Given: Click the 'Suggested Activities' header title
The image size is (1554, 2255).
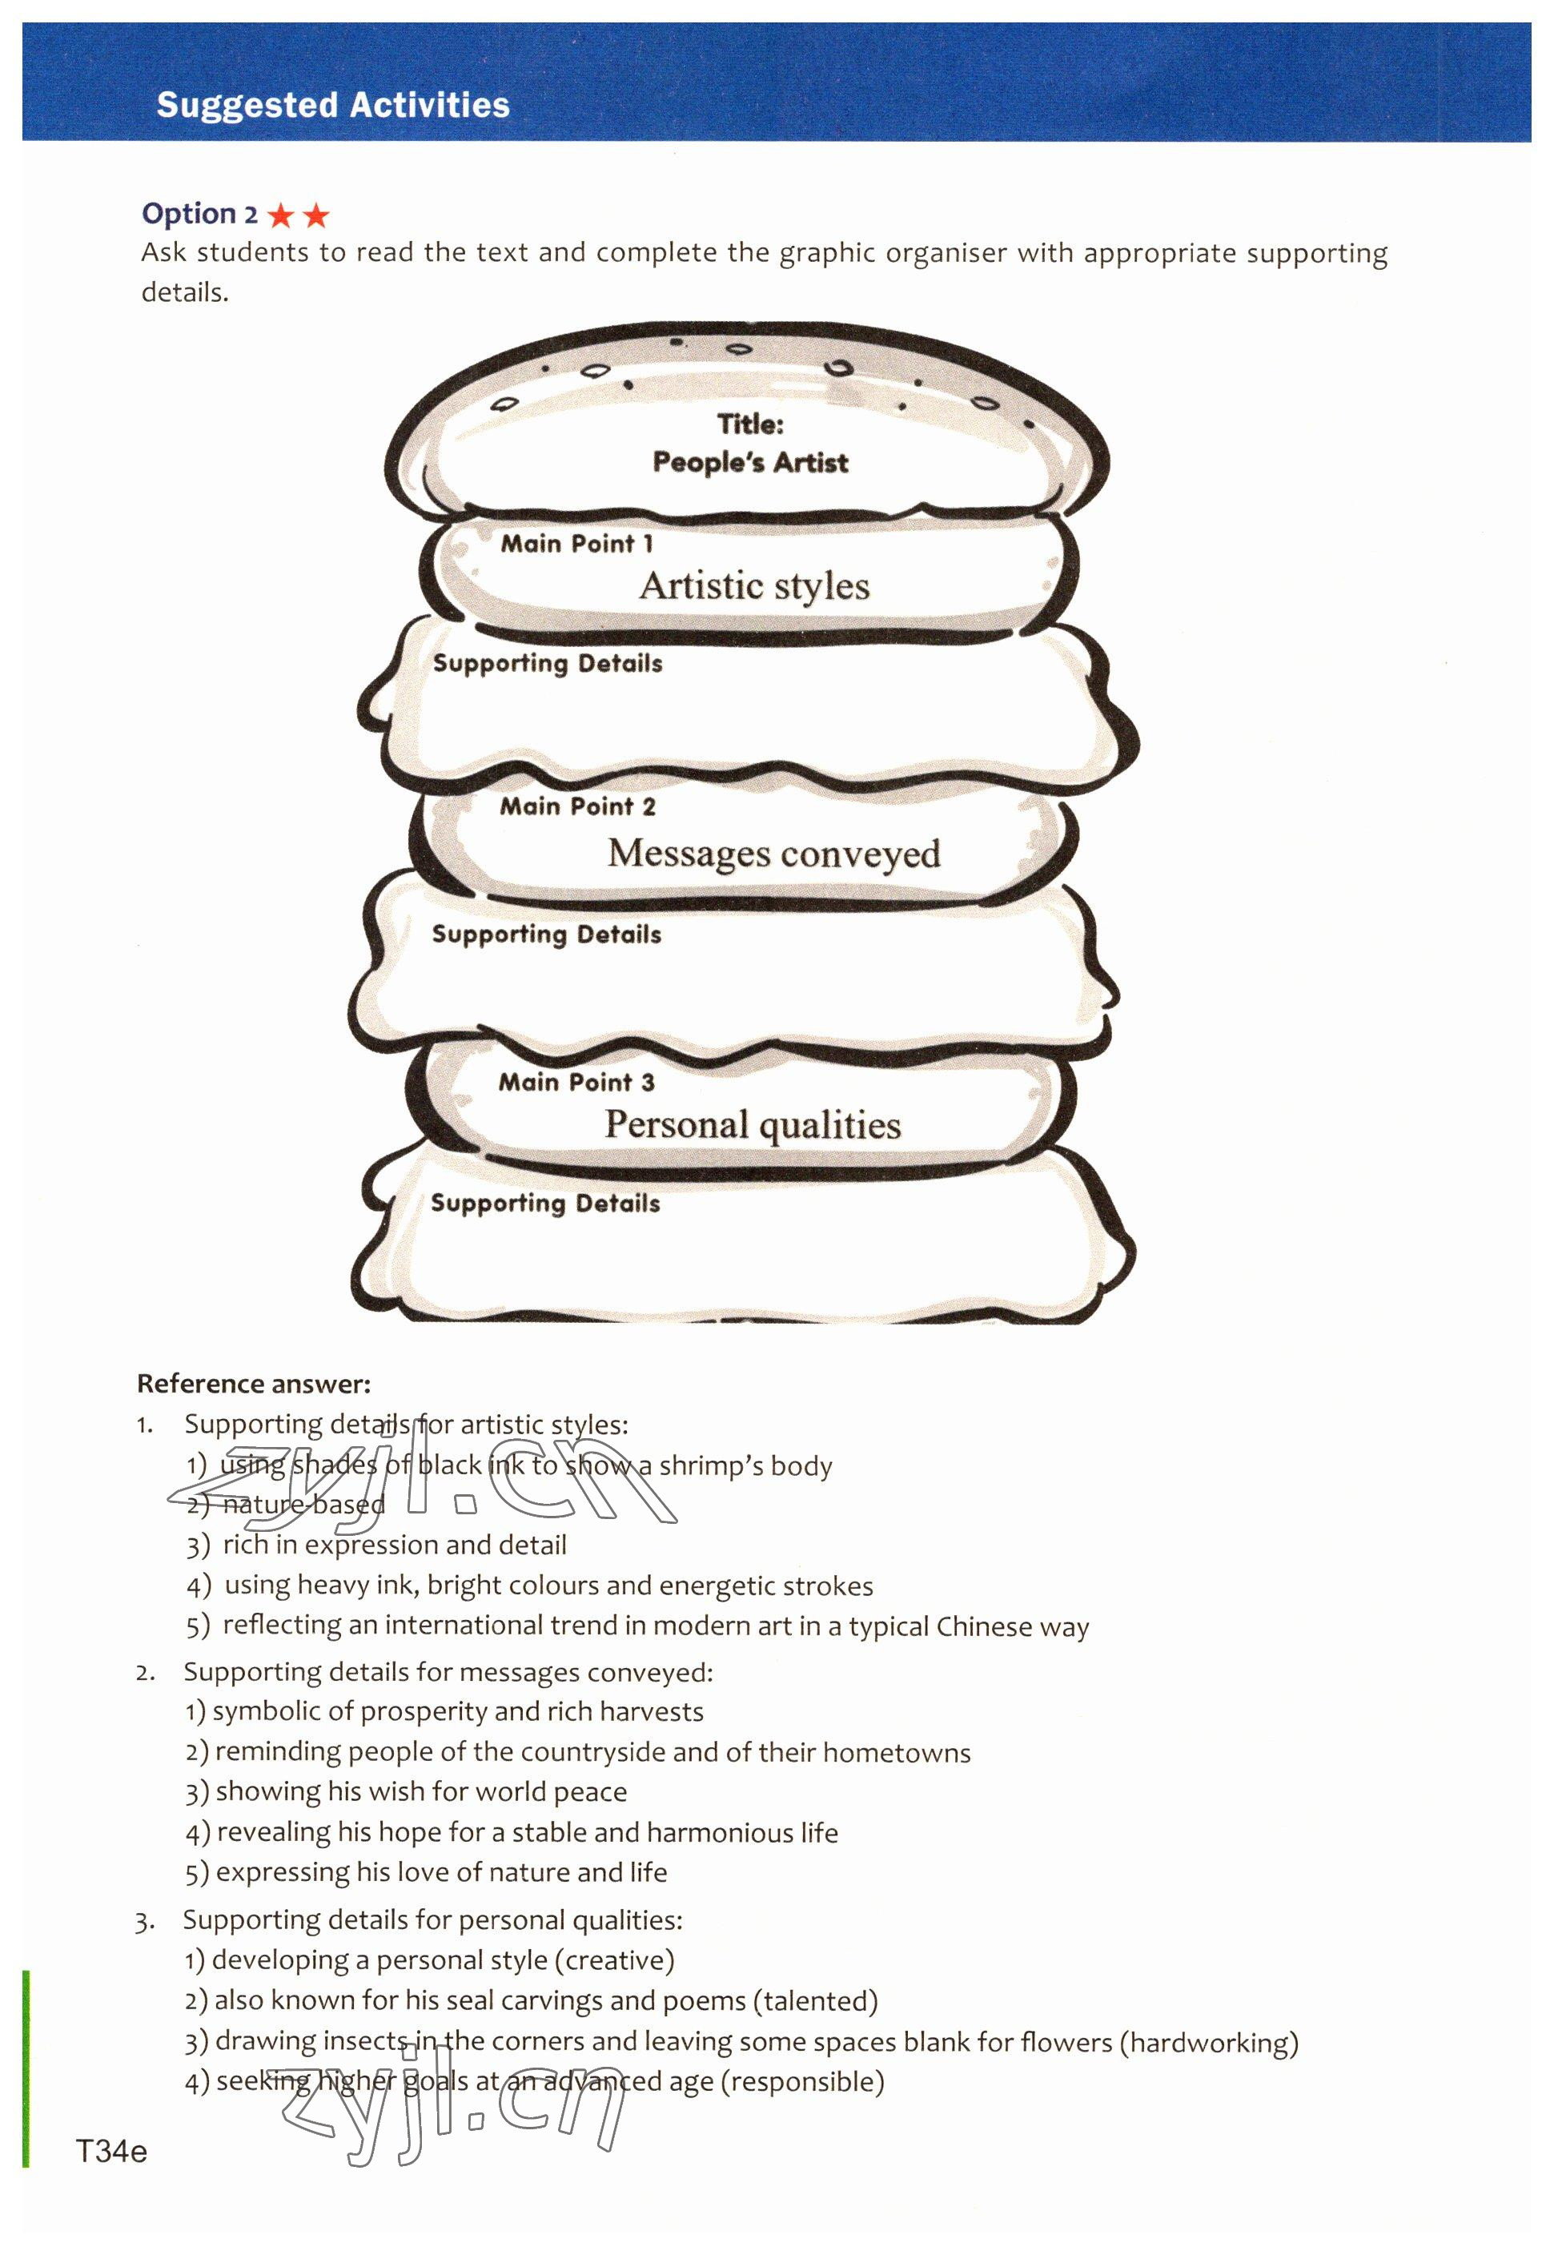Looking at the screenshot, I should [333, 105].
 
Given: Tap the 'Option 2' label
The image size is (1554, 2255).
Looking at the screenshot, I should [199, 213].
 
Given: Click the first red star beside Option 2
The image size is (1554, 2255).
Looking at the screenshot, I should [281, 215].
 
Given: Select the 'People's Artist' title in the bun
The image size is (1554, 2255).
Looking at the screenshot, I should [749, 463].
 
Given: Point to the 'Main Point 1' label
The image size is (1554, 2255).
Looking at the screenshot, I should [576, 543].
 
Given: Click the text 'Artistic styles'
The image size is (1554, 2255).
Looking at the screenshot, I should [755, 586].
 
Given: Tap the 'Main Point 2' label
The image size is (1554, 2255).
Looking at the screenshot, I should [577, 806].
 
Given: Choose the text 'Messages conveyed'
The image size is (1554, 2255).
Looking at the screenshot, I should [774, 854].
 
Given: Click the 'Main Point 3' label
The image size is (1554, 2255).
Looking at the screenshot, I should [576, 1082].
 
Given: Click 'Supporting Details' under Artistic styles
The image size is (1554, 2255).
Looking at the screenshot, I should [547, 663].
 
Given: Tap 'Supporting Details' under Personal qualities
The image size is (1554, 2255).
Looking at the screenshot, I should [545, 1204].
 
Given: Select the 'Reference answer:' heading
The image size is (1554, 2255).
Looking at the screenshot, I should [253, 1384].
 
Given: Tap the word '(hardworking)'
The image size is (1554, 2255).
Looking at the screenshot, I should [1208, 2042].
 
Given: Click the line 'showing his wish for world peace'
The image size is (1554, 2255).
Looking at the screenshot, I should [420, 1791].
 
